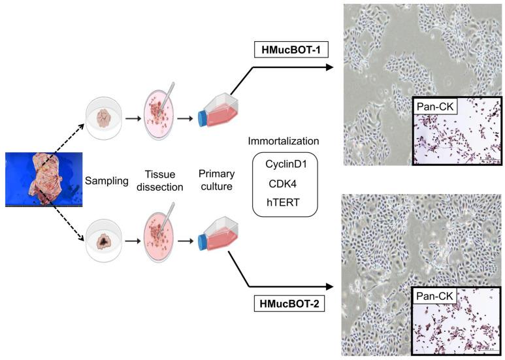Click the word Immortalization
[284, 140]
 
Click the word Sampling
[106, 180]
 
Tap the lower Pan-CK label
[438, 299]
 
